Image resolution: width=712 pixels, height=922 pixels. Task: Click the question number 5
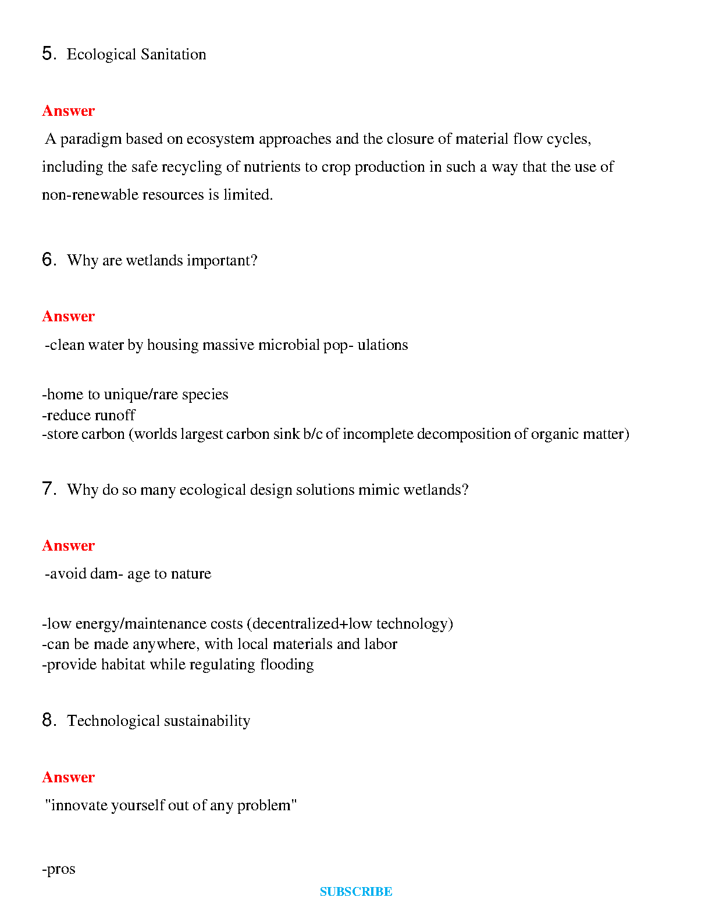pos(48,54)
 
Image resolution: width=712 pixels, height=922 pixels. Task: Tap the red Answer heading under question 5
pos(69,111)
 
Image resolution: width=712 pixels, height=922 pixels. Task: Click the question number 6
pos(48,260)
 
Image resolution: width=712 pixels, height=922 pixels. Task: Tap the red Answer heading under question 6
pos(69,316)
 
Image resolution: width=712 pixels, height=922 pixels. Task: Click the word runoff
pos(115,415)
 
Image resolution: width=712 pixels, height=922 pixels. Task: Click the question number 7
pos(48,489)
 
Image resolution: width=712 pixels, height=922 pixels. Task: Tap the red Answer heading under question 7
pos(69,545)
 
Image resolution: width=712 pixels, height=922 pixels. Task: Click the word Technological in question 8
pos(113,721)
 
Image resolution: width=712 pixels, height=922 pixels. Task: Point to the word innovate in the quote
pos(79,806)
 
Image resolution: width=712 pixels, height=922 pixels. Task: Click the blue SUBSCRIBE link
pos(356,892)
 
